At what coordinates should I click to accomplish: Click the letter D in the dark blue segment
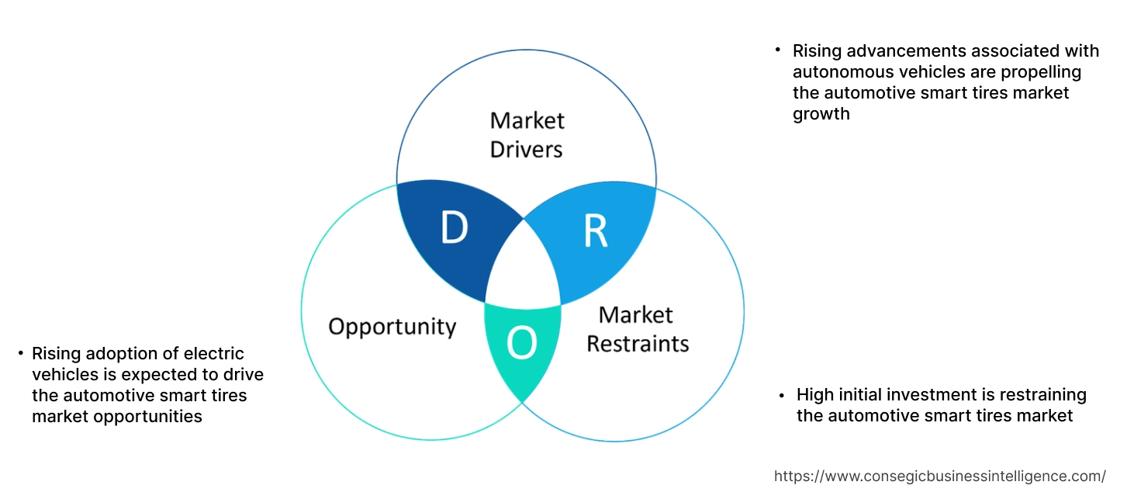click(455, 227)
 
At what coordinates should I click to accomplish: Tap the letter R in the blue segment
click(595, 230)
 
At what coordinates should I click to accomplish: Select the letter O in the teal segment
click(521, 344)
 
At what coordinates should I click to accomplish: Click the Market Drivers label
click(527, 134)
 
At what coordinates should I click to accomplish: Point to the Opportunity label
click(392, 326)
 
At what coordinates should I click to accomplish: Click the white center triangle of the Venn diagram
click(524, 268)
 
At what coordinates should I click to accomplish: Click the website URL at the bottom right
click(940, 476)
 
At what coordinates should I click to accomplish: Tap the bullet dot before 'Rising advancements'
click(778, 50)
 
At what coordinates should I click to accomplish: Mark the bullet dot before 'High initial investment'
click(782, 395)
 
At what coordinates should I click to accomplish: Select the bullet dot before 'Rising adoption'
click(20, 354)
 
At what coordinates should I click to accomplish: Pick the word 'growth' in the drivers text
click(821, 114)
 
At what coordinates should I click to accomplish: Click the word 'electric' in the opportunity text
click(216, 354)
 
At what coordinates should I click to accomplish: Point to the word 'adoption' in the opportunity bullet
click(115, 354)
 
